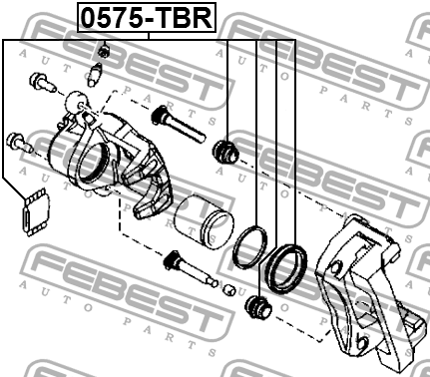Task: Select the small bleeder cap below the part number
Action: tap(103, 50)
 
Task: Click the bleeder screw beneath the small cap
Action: tap(96, 73)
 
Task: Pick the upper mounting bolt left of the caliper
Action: tap(41, 82)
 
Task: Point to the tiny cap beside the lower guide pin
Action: tap(227, 289)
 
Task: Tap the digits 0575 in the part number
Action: tap(113, 17)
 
